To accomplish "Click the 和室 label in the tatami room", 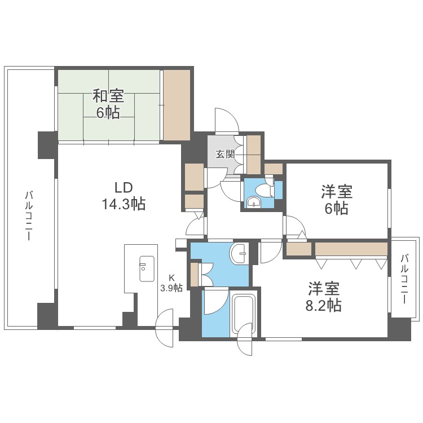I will point(107,95).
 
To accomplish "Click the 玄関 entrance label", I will point(225,153).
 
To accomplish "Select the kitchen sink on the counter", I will point(146,269).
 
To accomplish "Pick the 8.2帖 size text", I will point(324,306).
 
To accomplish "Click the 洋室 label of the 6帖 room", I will point(336,192).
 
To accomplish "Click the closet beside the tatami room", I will point(177,105).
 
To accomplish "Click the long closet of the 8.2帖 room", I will point(350,249).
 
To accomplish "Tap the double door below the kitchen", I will point(168,329).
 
